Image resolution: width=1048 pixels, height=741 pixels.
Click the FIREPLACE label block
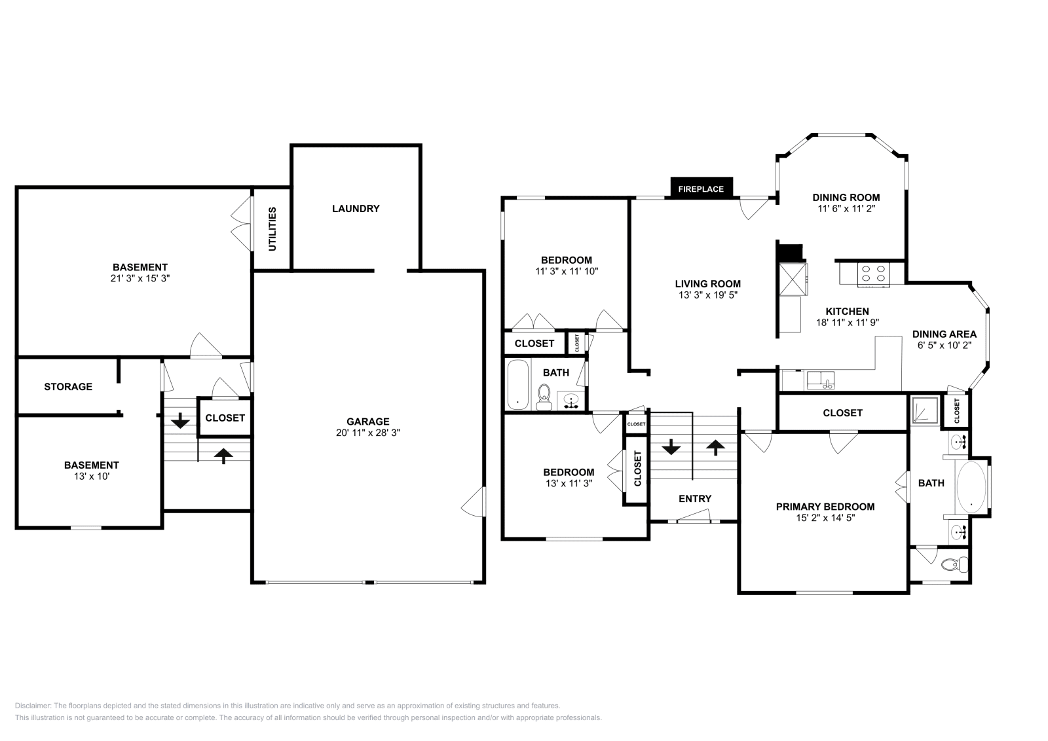pyautogui.click(x=701, y=189)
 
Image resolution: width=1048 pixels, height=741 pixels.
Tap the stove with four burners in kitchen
pyautogui.click(x=873, y=274)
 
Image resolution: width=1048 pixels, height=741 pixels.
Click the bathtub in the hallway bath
pyautogui.click(x=517, y=384)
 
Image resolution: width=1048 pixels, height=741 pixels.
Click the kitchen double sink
pyautogui.click(x=819, y=380)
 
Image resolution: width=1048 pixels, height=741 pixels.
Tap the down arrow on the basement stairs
pyautogui.click(x=179, y=420)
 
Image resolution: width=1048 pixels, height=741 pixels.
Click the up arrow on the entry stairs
pyautogui.click(x=715, y=448)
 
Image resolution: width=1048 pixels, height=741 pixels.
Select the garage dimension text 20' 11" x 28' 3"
pyautogui.click(x=368, y=433)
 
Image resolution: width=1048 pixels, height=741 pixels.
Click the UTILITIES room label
pyautogui.click(x=272, y=228)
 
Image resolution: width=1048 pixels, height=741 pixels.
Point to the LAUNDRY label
pyautogui.click(x=356, y=209)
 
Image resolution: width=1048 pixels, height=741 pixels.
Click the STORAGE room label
pyautogui.click(x=68, y=387)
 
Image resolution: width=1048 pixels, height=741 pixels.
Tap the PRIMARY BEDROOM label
pyautogui.click(x=825, y=507)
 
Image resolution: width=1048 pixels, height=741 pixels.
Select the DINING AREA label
pyautogui.click(x=944, y=334)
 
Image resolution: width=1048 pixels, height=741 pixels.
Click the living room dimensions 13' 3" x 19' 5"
pyautogui.click(x=707, y=295)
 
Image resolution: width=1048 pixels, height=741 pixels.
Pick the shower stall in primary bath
pyautogui.click(x=925, y=410)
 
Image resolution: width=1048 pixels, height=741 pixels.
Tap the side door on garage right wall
pyautogui.click(x=474, y=503)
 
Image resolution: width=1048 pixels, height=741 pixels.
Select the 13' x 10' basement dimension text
pyautogui.click(x=91, y=477)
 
